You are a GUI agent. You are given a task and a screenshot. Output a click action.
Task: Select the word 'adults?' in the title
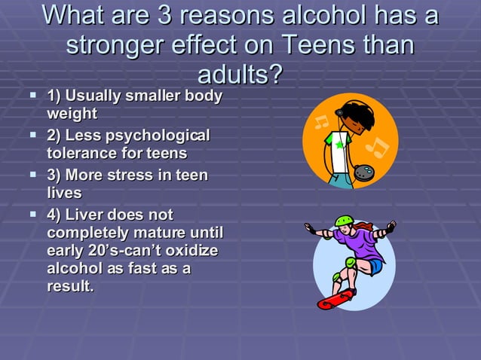point(240,74)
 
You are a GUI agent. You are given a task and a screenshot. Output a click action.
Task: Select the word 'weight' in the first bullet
point(72,114)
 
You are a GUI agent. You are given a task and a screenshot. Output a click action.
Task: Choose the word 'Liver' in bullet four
point(92,215)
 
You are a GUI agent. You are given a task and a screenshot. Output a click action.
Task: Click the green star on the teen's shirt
point(340,143)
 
